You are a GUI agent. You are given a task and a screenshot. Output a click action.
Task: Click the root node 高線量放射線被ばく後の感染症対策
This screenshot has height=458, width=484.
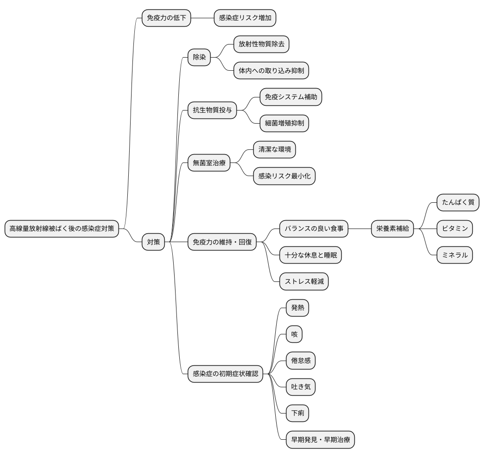[62, 229]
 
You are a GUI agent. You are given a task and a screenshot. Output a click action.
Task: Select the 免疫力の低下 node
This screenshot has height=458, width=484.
[166, 18]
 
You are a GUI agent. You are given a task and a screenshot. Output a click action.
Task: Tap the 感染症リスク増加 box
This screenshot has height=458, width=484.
[245, 18]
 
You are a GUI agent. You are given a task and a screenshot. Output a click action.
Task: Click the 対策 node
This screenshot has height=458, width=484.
[154, 242]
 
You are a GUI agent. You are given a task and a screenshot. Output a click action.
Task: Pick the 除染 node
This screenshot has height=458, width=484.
[199, 58]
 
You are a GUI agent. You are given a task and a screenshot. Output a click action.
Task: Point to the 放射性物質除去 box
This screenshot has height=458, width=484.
[261, 44]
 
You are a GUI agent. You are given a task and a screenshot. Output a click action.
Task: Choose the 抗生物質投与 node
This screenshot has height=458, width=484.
[212, 111]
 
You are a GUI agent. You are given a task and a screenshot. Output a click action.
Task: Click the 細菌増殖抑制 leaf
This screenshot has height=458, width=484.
[284, 124]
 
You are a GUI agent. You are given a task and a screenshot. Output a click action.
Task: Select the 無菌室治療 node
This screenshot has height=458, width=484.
[209, 163]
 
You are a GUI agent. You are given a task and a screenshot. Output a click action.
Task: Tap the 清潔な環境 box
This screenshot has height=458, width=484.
[274, 150]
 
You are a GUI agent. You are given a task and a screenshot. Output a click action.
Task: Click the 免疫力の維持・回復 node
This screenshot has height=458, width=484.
[222, 242]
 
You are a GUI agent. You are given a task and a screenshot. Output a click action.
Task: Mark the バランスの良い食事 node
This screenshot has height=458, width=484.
[314, 229]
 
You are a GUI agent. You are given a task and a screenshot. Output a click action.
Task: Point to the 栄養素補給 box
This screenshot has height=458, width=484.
[392, 229]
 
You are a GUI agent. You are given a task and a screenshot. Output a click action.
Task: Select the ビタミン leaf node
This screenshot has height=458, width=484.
[455, 229]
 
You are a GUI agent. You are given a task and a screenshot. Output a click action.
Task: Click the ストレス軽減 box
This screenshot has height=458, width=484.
[304, 281]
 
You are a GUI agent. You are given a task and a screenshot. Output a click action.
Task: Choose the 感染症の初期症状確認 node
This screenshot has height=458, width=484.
[225, 374]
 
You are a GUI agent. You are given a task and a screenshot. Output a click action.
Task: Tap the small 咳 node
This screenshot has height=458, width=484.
[294, 334]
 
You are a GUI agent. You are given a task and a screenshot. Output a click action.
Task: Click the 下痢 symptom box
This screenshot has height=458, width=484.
[298, 413]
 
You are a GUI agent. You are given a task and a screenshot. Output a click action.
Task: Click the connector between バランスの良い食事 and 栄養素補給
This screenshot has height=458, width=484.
[360, 229]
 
